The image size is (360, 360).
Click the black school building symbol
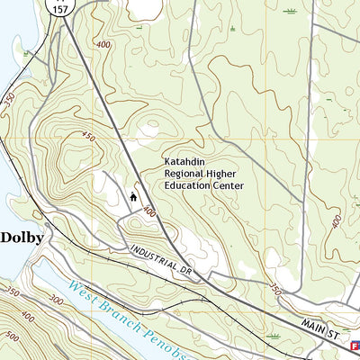(134, 195)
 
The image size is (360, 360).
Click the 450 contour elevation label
(87, 137)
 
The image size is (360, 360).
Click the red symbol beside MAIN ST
(355, 345)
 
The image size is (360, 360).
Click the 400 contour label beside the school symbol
(149, 212)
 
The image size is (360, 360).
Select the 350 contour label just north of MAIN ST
(276, 291)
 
